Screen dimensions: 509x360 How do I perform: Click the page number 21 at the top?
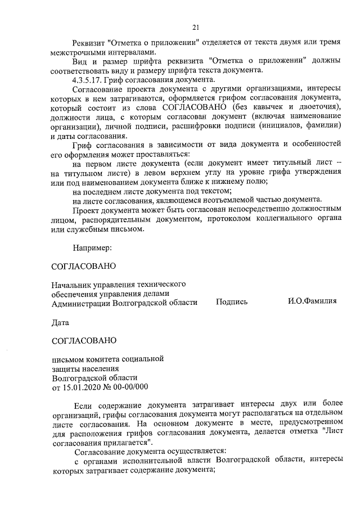tap(195, 26)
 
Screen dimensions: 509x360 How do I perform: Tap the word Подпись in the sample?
tap(231, 302)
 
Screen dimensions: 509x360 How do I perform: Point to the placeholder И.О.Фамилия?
tap(312, 301)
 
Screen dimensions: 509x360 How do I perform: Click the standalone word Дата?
tap(60, 323)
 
